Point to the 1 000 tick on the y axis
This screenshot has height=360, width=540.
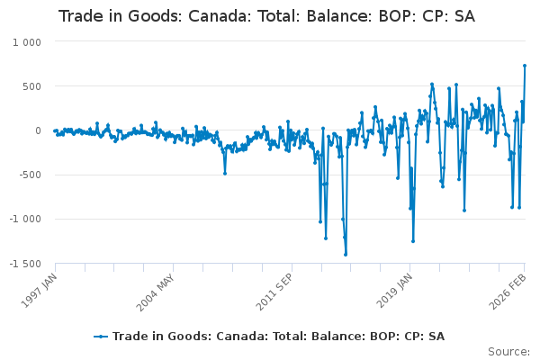27,42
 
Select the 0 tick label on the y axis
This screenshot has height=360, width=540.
38,130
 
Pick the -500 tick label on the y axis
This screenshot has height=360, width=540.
30,175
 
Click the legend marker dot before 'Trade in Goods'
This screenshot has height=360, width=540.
102,337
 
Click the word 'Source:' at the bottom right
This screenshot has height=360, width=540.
510,351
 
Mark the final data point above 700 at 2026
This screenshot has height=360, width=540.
525,66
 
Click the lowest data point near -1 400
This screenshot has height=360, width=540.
346,254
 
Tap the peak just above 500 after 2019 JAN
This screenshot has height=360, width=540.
432,85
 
